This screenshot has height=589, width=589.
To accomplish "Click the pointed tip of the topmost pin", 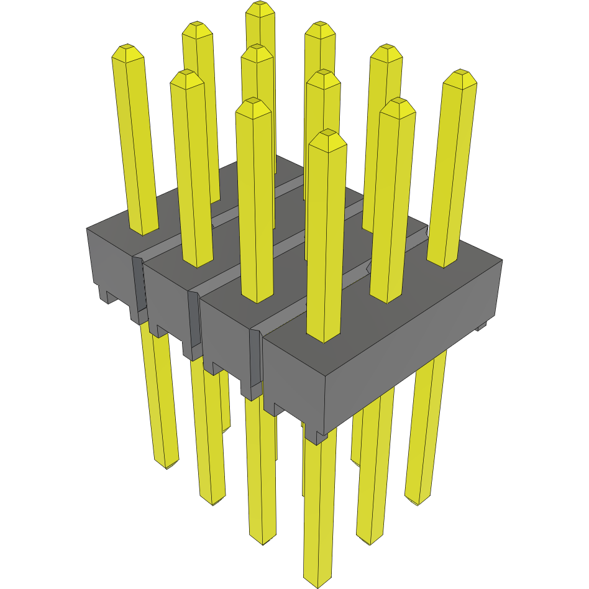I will coord(260,8).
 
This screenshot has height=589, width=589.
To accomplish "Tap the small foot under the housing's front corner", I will coord(317,438).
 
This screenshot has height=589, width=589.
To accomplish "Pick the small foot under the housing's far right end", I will coord(481,327).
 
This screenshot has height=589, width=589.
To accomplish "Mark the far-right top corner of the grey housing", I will coord(501,260).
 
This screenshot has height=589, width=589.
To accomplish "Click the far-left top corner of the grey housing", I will coord(87,229).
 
